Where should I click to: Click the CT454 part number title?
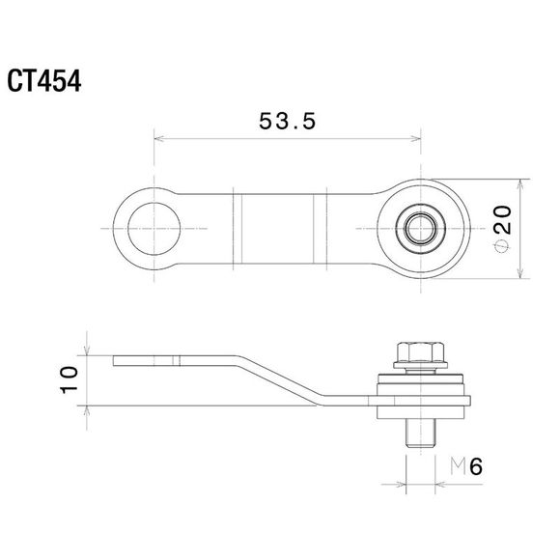tap(45, 79)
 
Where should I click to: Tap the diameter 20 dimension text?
tap(501, 229)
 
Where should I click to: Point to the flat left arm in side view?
tap(174, 361)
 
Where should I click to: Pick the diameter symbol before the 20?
tap(501, 246)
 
